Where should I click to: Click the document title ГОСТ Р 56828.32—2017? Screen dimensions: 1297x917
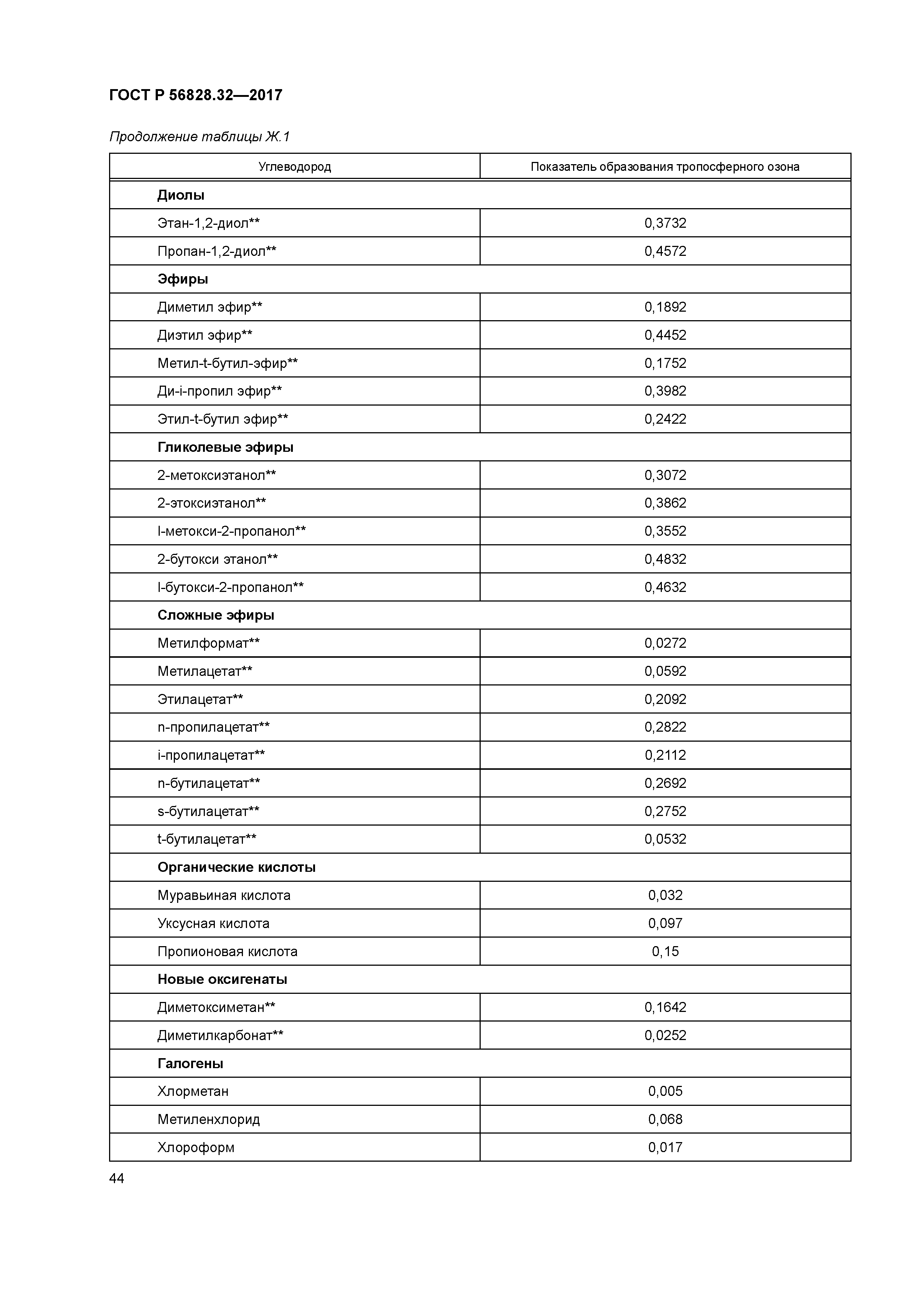[x=196, y=95]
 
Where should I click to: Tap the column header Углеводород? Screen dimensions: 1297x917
[x=294, y=167]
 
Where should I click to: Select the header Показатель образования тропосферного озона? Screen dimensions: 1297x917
[x=664, y=167]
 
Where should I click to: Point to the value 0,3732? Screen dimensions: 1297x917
[x=665, y=223]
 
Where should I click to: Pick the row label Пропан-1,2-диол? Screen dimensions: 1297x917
[x=216, y=251]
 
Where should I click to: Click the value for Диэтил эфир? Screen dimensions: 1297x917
[x=665, y=335]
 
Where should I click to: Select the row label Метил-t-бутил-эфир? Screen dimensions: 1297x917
[x=227, y=363]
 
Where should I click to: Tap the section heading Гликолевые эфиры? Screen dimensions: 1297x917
[x=226, y=447]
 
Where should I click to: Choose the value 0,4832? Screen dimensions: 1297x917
[x=665, y=559]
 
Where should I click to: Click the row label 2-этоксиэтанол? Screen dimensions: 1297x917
[x=211, y=503]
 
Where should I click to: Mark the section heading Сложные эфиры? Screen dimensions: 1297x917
[x=216, y=615]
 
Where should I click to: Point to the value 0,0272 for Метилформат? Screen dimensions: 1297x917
[x=665, y=643]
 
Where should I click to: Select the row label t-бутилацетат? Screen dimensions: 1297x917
[x=207, y=839]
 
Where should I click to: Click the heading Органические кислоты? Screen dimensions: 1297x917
[x=236, y=867]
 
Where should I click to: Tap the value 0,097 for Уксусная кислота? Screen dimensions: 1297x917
[x=665, y=923]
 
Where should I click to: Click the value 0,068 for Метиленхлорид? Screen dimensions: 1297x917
[x=665, y=1119]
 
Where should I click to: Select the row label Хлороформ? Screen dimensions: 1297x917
[x=196, y=1147]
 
